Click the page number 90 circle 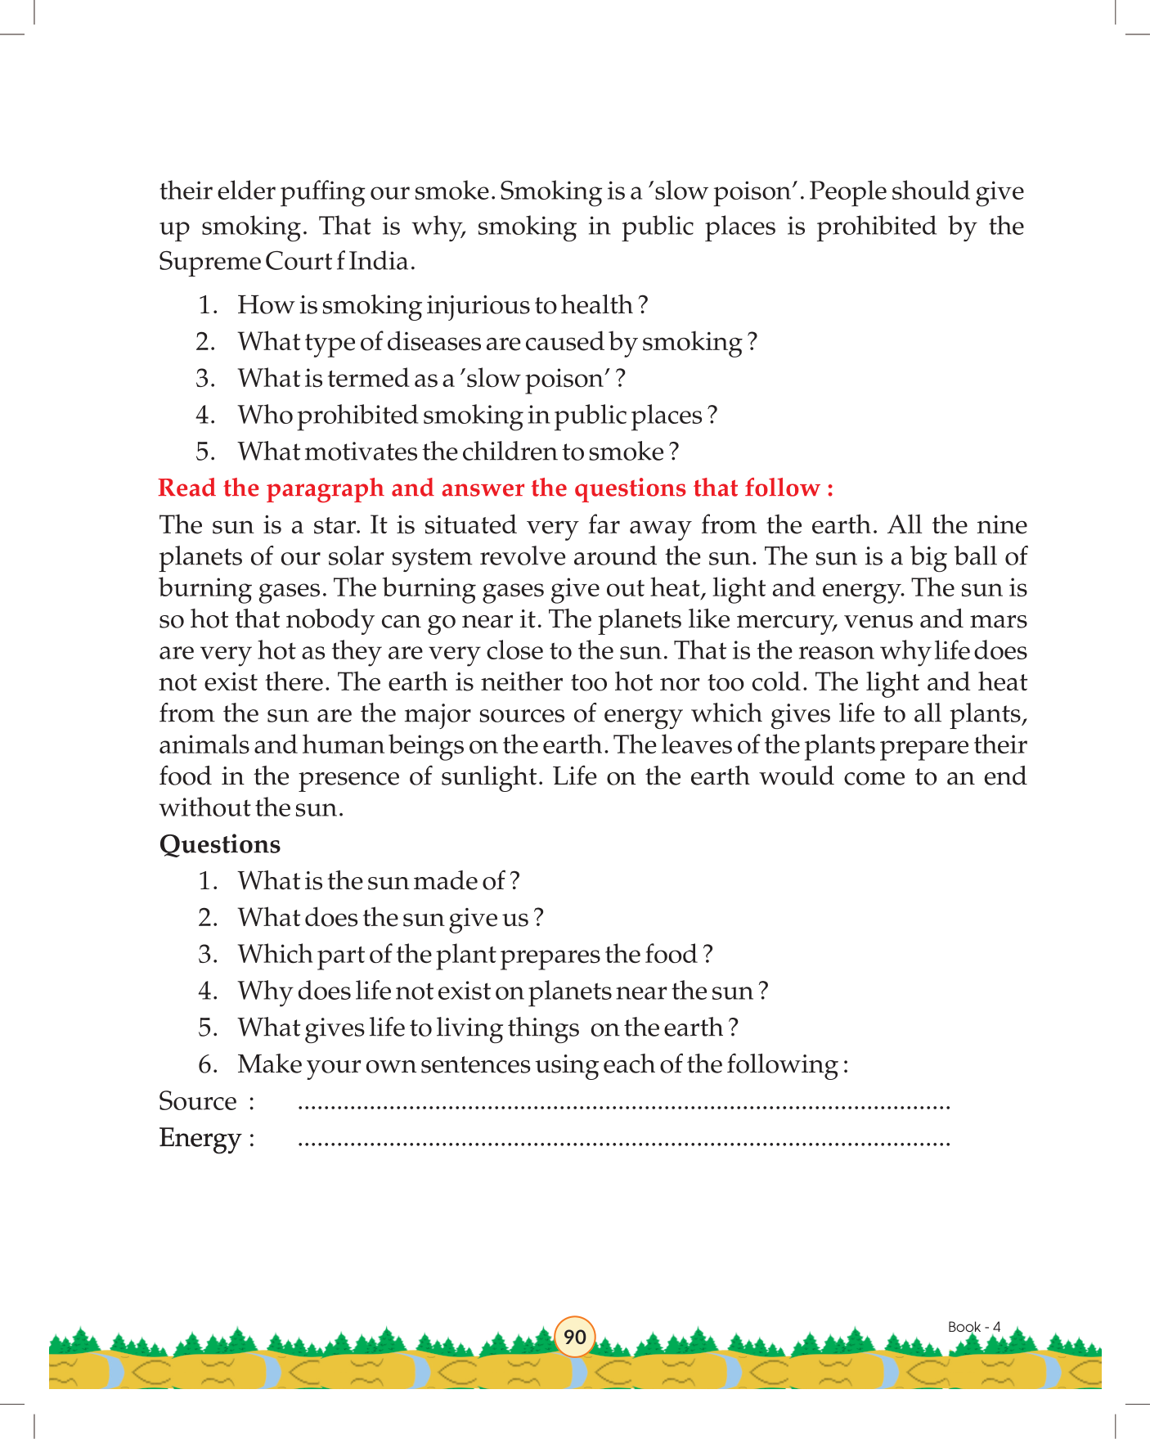click(x=575, y=1337)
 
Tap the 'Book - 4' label click(x=973, y=1327)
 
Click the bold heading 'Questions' click(x=219, y=844)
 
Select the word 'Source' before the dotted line click(x=198, y=1101)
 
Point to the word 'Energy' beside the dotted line click(x=200, y=1138)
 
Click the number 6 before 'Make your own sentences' click(x=208, y=1065)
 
